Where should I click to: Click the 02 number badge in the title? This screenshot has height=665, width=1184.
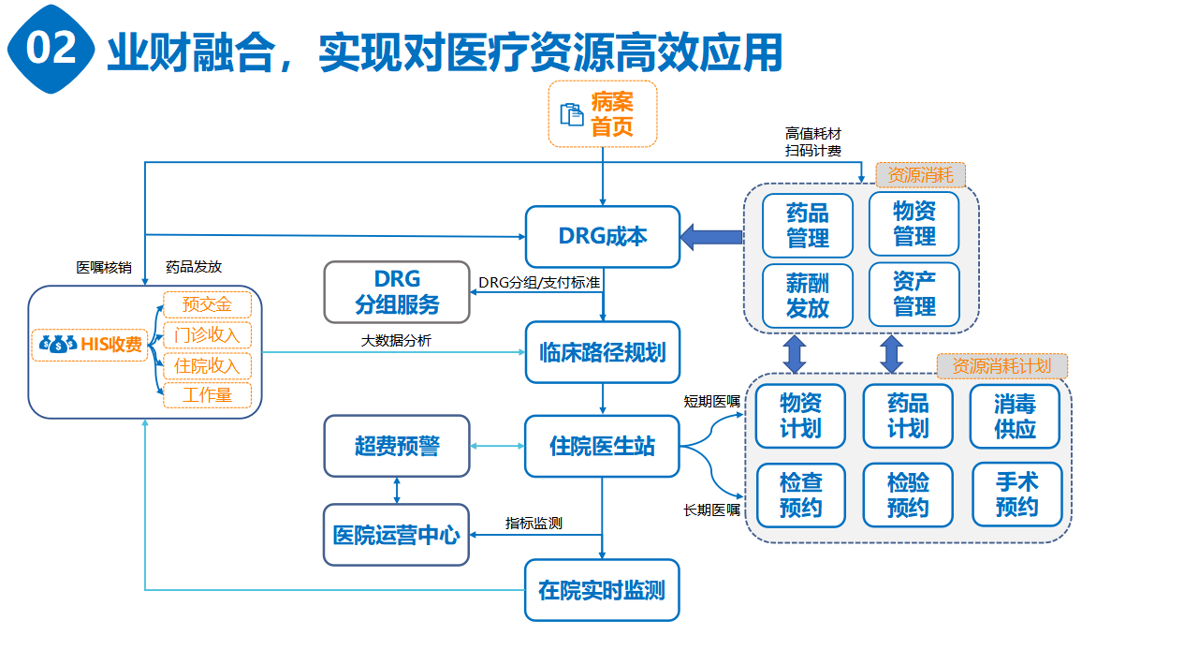click(51, 49)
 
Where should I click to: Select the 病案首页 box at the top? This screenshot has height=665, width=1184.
click(603, 114)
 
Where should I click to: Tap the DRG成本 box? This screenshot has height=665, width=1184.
click(603, 236)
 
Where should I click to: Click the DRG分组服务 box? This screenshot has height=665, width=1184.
click(397, 291)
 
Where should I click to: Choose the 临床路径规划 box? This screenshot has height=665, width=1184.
click(603, 352)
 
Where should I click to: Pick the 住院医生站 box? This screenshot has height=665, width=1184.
click(603, 446)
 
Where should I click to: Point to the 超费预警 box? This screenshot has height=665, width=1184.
click(397, 446)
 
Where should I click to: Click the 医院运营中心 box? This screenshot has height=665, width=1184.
click(397, 535)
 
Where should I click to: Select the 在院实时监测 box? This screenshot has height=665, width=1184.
click(602, 590)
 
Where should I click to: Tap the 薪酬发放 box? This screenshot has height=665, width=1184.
click(808, 295)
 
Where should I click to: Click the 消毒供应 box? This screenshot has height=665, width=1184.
click(1016, 417)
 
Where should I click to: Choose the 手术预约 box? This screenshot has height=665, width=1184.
click(1017, 495)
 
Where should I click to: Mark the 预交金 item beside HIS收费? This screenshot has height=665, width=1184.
click(208, 304)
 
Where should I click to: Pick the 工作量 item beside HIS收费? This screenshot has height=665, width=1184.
click(208, 394)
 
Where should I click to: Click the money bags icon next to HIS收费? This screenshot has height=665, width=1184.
click(58, 345)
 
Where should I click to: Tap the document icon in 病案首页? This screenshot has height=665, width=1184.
click(571, 114)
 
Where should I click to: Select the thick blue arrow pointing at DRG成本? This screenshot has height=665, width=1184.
click(711, 236)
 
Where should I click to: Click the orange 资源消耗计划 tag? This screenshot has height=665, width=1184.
click(1001, 366)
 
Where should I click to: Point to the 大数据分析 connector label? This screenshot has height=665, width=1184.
click(396, 341)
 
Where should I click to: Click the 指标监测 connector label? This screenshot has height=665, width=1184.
click(534, 523)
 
